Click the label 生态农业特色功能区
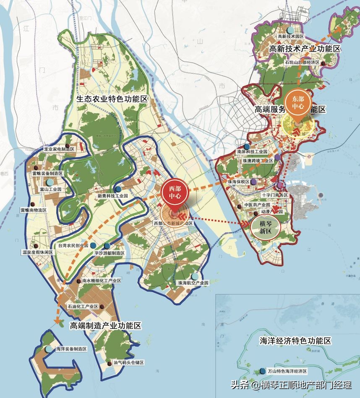[x=112, y=99]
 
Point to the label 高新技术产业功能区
[x=305, y=49]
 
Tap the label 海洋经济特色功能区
[x=295, y=340]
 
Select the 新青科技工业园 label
[x=112, y=196]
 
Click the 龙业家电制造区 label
[x=59, y=149]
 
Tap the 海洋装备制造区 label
[x=71, y=349]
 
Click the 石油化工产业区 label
[x=83, y=307]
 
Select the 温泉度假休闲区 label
[x=37, y=252]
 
